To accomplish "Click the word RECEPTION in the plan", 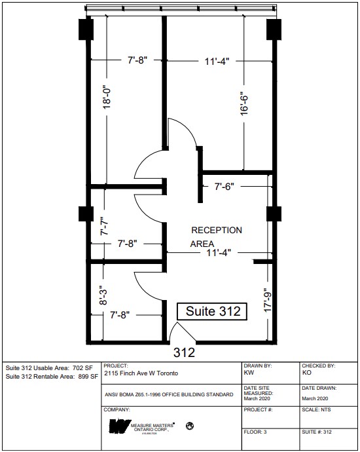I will [x=216, y=231].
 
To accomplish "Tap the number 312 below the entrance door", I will [x=185, y=352].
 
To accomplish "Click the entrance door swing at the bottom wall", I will [x=177, y=333].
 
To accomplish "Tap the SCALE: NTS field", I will [x=314, y=410].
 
